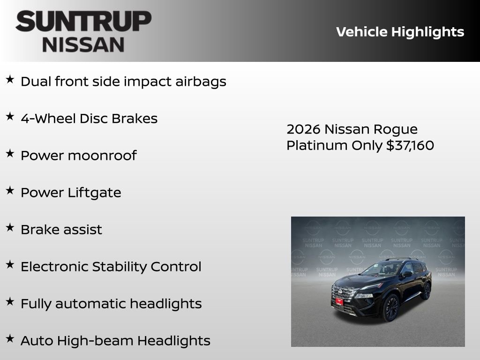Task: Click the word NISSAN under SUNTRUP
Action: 83,44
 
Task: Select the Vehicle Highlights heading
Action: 400,32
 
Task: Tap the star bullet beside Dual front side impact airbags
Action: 10,80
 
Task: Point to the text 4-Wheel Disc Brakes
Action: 89,119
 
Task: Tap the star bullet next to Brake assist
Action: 10,228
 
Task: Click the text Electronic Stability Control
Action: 111,267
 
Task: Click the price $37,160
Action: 410,145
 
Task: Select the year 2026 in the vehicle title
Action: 303,129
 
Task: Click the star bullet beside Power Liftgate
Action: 10,191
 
